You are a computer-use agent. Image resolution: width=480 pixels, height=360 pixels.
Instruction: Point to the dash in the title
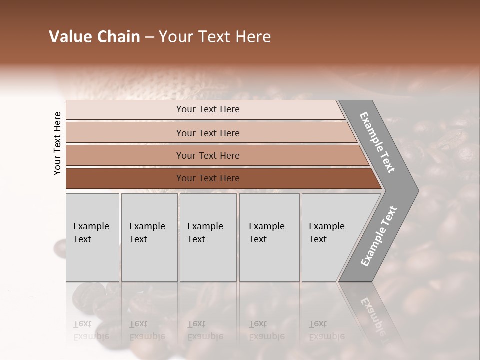coord(149,37)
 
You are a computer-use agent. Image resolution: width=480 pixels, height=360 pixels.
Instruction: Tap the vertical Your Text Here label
coord(57,143)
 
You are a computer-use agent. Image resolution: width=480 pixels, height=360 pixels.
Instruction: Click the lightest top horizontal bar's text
coord(208,109)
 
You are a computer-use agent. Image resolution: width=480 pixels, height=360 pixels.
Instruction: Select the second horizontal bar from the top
coord(208,133)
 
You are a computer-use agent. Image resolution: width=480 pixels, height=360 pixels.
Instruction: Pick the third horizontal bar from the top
coord(208,155)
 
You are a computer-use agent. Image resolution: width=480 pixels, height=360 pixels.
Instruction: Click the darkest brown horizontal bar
coord(208,178)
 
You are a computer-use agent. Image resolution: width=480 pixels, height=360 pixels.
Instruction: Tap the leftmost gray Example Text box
coord(92,237)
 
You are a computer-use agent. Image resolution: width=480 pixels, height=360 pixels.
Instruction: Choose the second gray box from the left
coord(149,237)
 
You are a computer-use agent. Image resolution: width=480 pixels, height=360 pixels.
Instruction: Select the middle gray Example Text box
coord(208,237)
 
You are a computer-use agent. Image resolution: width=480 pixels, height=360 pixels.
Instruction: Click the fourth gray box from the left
coord(269,237)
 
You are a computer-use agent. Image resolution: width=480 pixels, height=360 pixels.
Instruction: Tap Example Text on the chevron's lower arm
coord(379,236)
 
